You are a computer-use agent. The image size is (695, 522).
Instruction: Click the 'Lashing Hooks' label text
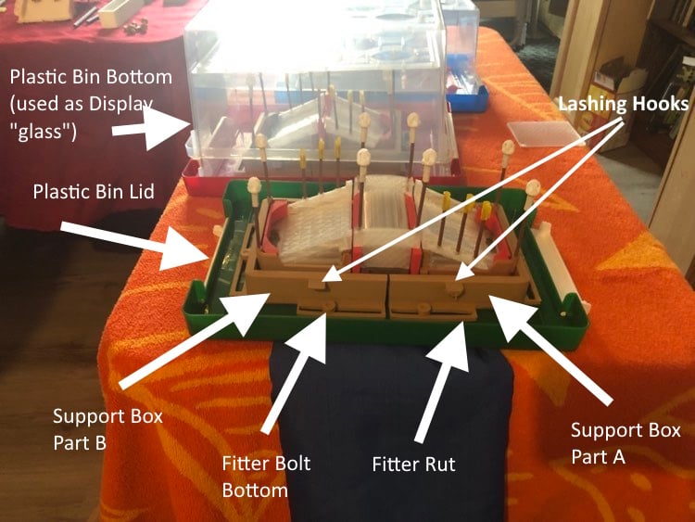(x=624, y=104)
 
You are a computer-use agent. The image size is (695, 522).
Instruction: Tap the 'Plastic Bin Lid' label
(x=94, y=192)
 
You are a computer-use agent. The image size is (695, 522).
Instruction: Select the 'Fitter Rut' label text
(x=413, y=465)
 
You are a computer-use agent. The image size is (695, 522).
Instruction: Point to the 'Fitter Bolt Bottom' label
(x=266, y=477)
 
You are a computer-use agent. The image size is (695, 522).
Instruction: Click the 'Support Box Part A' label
(x=625, y=443)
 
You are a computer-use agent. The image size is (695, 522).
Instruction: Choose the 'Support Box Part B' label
(x=107, y=429)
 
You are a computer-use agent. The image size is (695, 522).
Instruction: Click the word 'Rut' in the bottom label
(x=439, y=465)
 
